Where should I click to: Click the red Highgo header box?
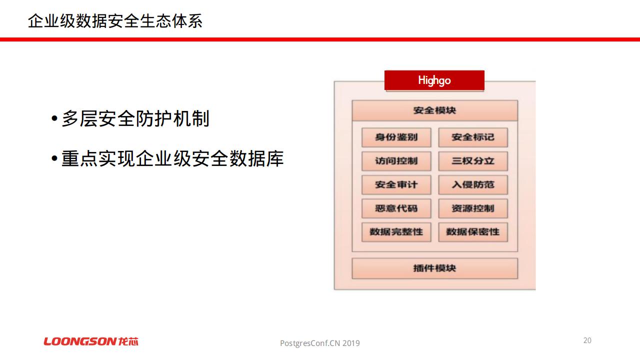pyautogui.click(x=434, y=80)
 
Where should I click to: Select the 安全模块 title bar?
pyautogui.click(x=434, y=110)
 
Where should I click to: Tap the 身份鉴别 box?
pyautogui.click(x=396, y=137)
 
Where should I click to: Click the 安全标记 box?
pyautogui.click(x=473, y=137)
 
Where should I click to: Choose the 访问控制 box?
pyautogui.click(x=396, y=161)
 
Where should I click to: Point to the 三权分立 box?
pyautogui.click(x=473, y=161)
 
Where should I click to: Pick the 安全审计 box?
pyautogui.click(x=396, y=185)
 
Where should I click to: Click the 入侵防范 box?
pyautogui.click(x=473, y=185)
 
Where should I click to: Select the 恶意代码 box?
pyautogui.click(x=396, y=208)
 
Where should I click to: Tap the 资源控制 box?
pyautogui.click(x=473, y=208)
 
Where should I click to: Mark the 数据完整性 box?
pyautogui.click(x=396, y=232)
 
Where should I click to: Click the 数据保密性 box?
pyautogui.click(x=473, y=232)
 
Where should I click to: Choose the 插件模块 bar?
pyautogui.click(x=434, y=268)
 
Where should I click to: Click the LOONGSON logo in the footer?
pyautogui.click(x=91, y=341)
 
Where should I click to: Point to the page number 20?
pyautogui.click(x=587, y=340)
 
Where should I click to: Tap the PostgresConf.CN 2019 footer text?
pyautogui.click(x=319, y=343)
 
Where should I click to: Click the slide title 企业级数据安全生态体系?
pyautogui.click(x=115, y=21)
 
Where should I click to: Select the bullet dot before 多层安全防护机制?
pyautogui.click(x=54, y=118)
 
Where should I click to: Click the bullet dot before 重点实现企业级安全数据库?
pyautogui.click(x=54, y=158)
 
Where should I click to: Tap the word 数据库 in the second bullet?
pyautogui.click(x=256, y=158)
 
